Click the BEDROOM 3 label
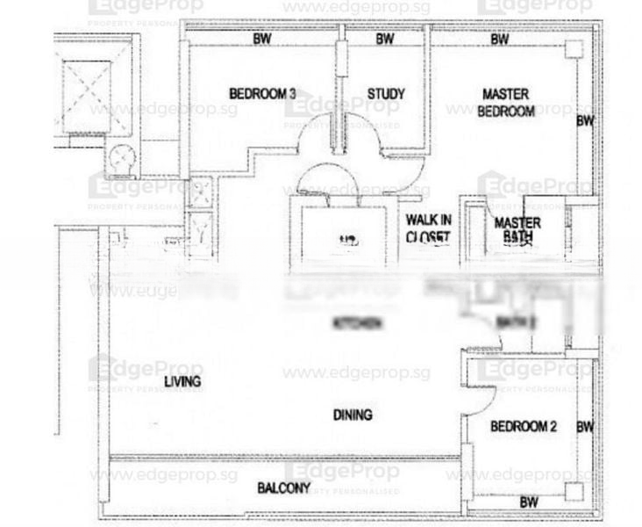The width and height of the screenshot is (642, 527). (256, 94)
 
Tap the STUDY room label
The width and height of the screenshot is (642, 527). (385, 94)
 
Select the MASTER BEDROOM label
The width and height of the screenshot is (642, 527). (505, 103)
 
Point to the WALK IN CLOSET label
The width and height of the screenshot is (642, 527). (428, 227)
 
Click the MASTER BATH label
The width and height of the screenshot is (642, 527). (517, 229)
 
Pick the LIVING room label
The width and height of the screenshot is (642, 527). (182, 381)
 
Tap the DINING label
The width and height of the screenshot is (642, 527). (353, 415)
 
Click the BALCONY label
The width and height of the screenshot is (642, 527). (283, 488)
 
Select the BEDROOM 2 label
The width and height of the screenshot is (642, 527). (523, 427)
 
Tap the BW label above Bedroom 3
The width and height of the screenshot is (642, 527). (261, 40)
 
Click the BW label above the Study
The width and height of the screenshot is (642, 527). (384, 40)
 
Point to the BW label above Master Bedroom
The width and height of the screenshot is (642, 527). (500, 40)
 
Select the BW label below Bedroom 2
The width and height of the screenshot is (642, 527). (528, 502)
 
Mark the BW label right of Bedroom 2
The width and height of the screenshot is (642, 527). (585, 427)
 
